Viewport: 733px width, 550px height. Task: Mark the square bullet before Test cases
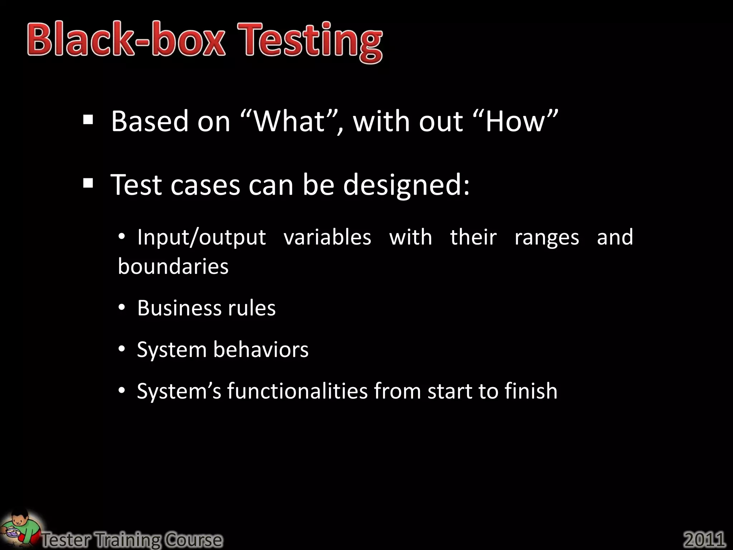(88, 184)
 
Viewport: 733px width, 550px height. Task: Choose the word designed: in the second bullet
(406, 185)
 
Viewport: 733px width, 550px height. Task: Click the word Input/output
(202, 237)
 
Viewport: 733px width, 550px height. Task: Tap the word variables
(327, 237)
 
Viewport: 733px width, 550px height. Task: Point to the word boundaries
(173, 267)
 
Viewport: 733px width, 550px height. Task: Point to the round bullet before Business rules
(122, 308)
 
